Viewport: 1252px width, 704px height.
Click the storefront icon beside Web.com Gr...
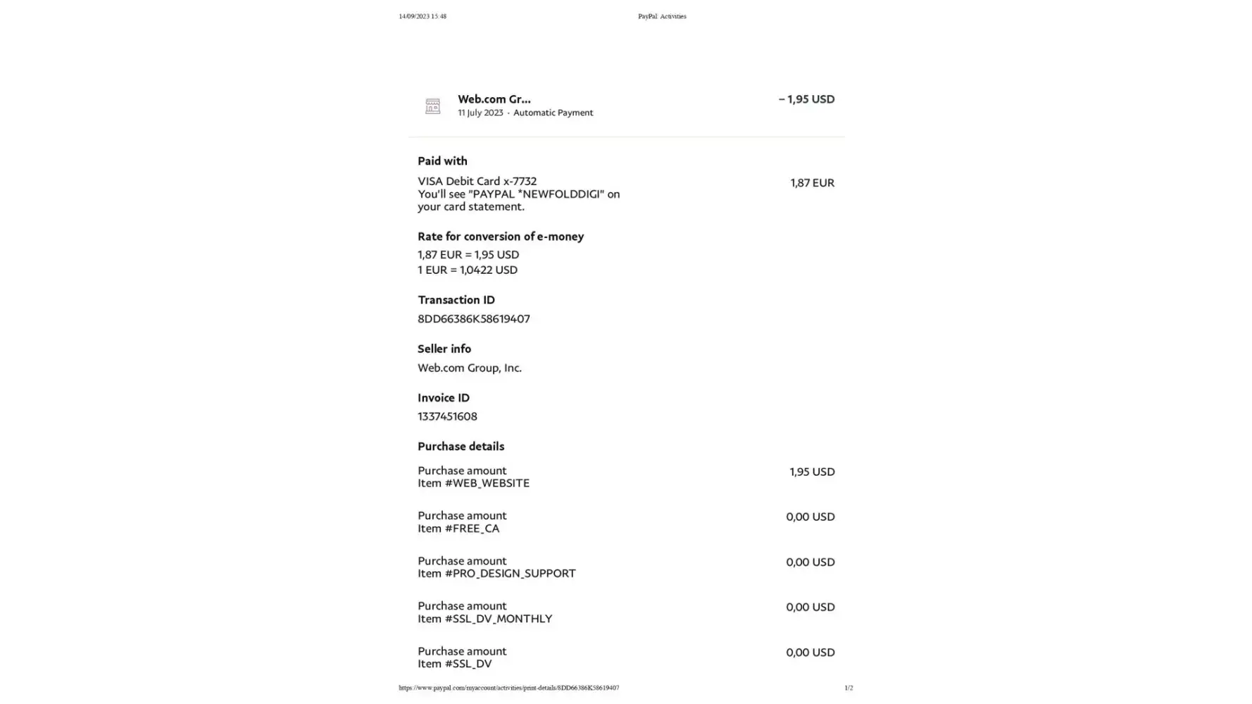tap(432, 106)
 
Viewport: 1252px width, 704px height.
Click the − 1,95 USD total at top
tap(806, 99)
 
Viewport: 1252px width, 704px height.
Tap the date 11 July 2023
tap(480, 113)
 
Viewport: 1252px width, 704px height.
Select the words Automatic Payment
tap(553, 113)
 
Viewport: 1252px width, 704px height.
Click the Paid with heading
tap(442, 161)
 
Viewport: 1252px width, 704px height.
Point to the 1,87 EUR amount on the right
tap(812, 182)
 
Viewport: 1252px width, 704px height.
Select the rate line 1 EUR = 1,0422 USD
tap(468, 270)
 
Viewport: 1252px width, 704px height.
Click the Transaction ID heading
tap(456, 300)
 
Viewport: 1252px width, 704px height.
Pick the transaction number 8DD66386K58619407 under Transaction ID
tap(473, 319)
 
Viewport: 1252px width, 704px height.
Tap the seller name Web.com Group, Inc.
tap(470, 367)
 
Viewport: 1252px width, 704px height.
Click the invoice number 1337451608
tap(447, 416)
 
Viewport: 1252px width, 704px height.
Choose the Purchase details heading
tap(461, 446)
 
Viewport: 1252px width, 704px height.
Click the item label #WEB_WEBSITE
tap(487, 483)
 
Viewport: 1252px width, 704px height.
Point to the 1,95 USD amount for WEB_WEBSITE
tap(812, 472)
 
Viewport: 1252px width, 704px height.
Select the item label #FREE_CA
tap(472, 528)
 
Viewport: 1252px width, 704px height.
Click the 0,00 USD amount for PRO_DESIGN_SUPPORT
tap(810, 562)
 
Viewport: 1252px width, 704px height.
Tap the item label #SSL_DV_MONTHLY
tap(498, 618)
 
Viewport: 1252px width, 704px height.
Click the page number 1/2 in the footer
tap(849, 688)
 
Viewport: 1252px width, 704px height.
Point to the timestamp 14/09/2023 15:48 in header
tap(422, 16)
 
